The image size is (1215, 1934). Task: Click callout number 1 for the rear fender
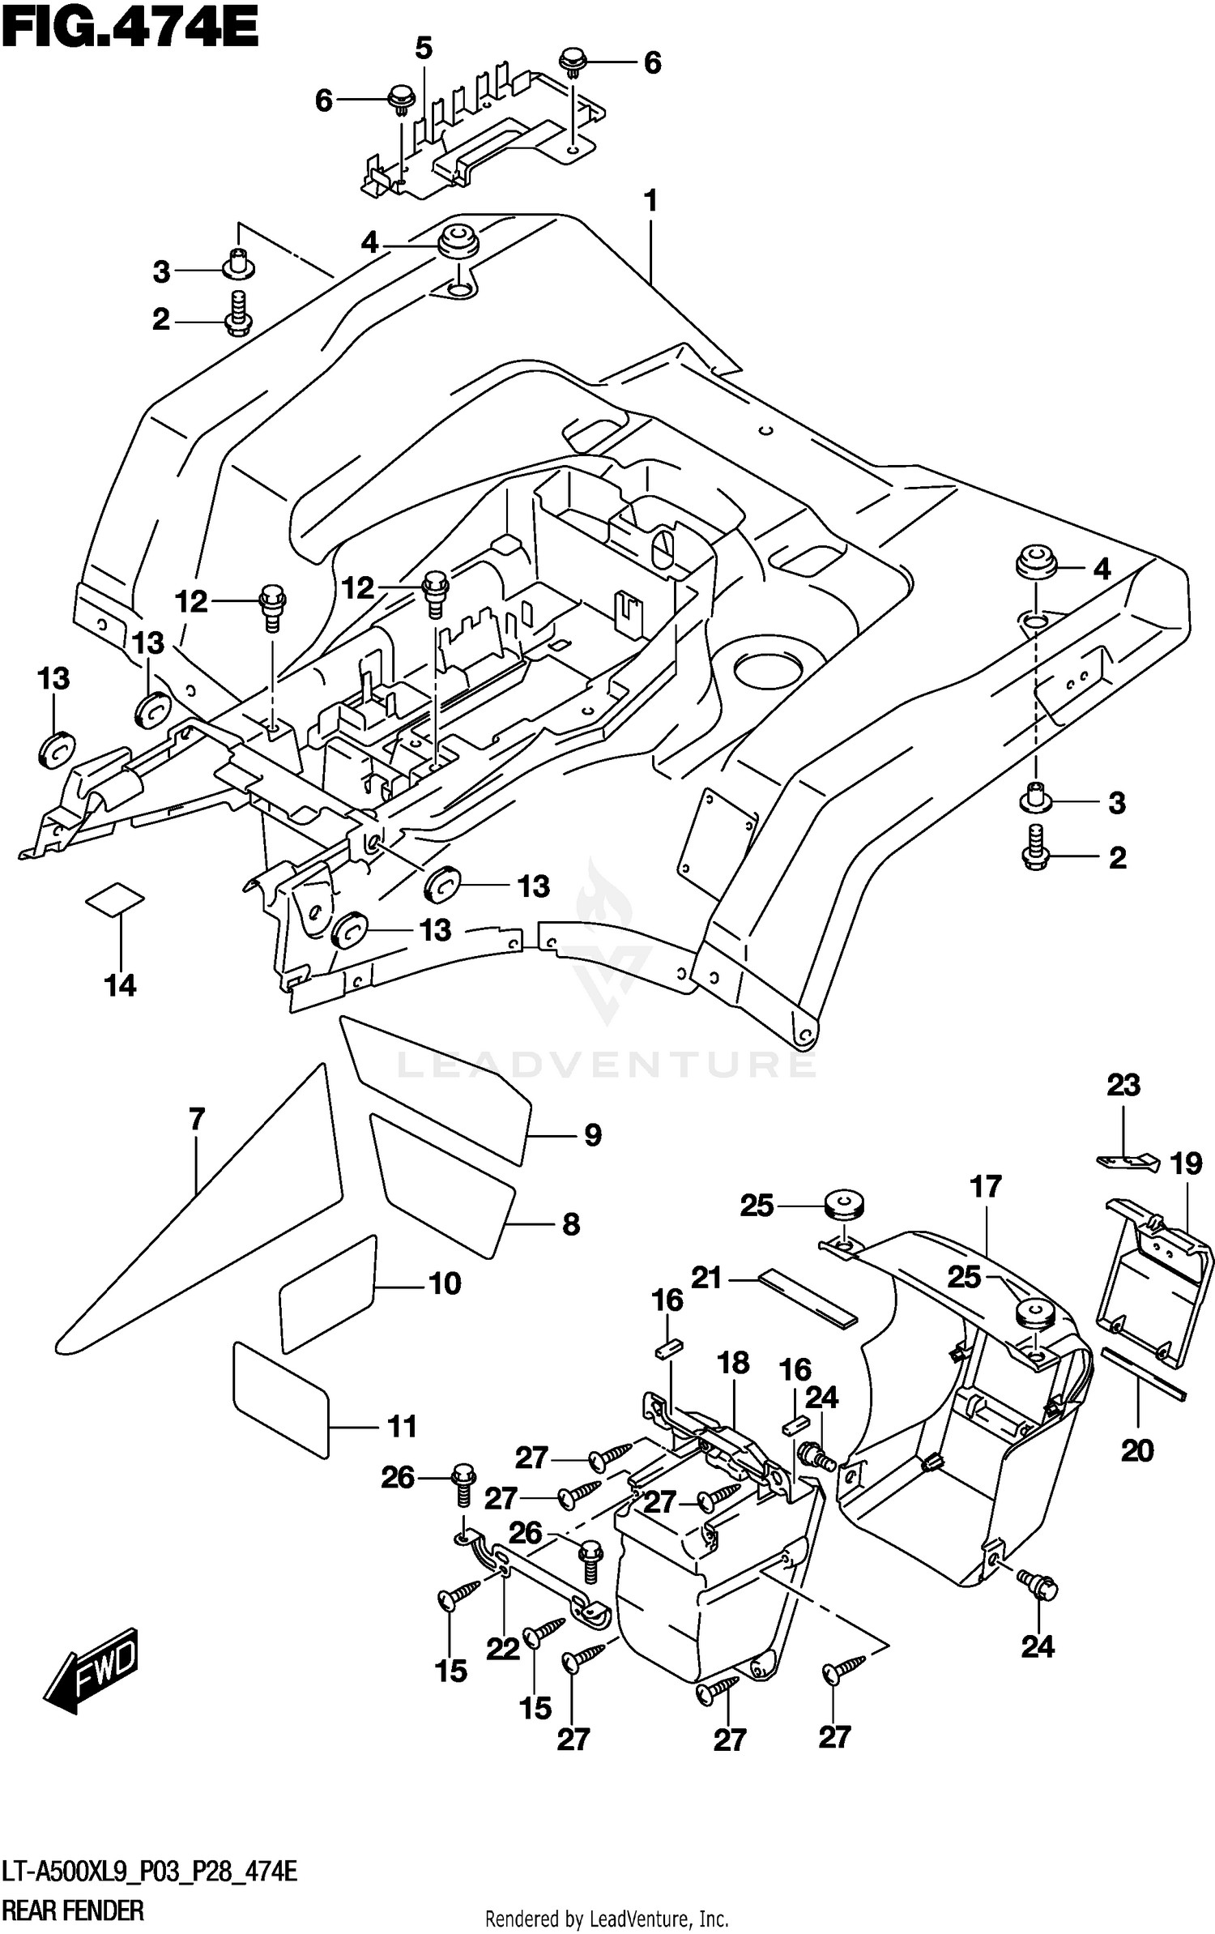(x=650, y=200)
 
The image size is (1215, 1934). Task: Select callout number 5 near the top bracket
(x=424, y=49)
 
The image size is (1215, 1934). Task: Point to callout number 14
(x=120, y=985)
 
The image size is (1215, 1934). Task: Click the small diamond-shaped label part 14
(x=115, y=899)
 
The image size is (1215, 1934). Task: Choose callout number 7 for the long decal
(x=197, y=1120)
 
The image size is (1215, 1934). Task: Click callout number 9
(x=593, y=1135)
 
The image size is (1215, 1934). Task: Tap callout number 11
(x=402, y=1426)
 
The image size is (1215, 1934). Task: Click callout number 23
(x=1123, y=1084)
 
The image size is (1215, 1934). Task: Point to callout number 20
(x=1136, y=1449)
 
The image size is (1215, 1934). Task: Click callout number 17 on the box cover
(x=986, y=1187)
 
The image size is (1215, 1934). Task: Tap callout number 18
(x=733, y=1363)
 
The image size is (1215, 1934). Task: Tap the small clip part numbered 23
(x=1126, y=1160)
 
